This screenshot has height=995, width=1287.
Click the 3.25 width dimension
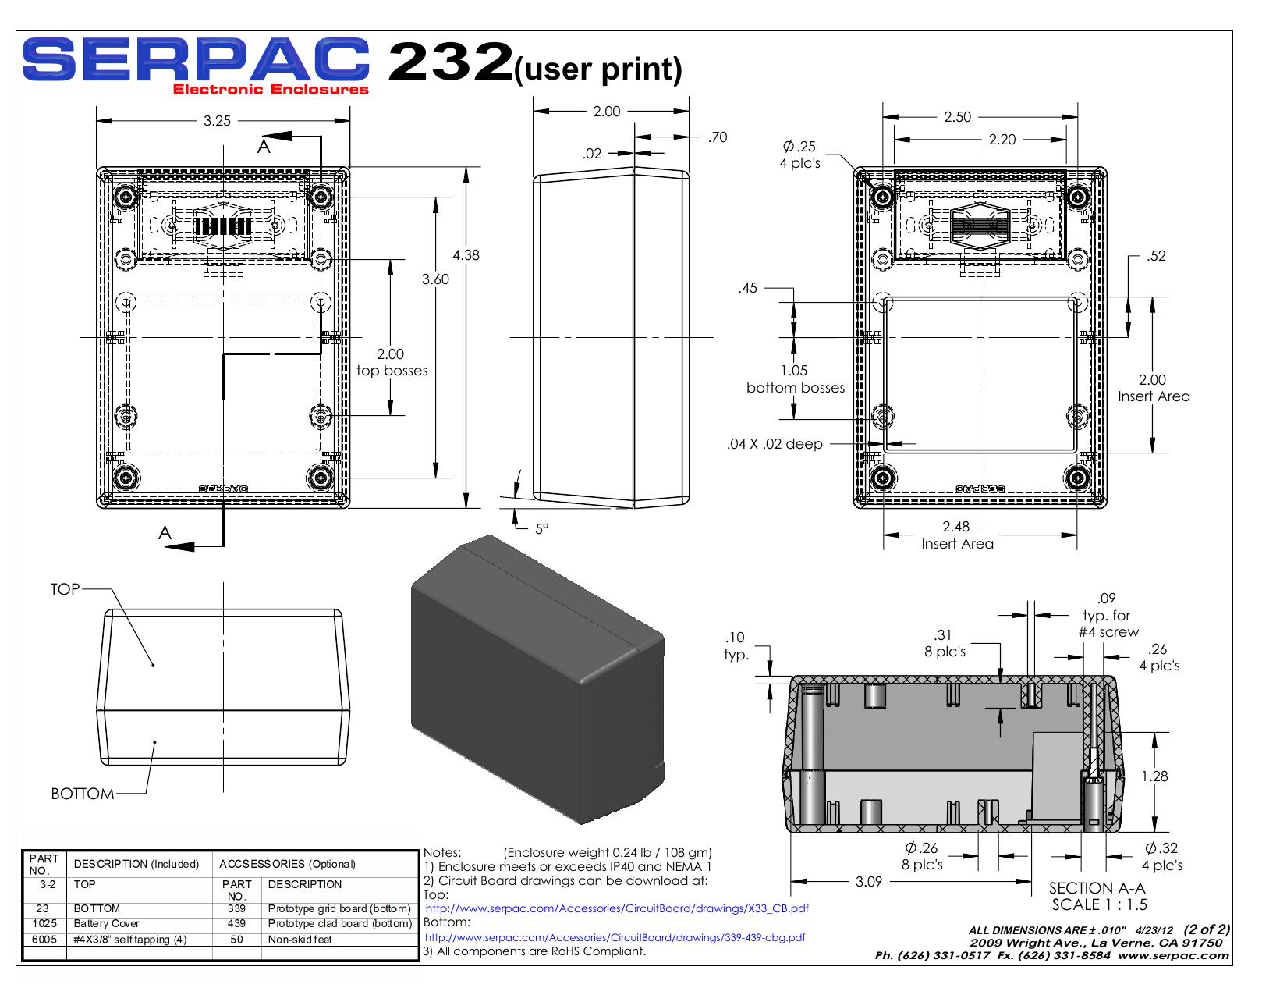[217, 121]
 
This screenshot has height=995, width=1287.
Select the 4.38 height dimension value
[466, 255]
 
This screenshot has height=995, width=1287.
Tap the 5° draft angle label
[542, 528]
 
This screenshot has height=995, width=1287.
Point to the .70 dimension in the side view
[718, 137]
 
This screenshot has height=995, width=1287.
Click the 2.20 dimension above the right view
[1002, 140]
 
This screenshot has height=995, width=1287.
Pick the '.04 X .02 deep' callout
[775, 444]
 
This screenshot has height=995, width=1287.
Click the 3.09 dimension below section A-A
[868, 882]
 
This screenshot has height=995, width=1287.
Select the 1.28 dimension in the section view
[1154, 776]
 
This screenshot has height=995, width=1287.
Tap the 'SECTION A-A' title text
[1097, 888]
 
